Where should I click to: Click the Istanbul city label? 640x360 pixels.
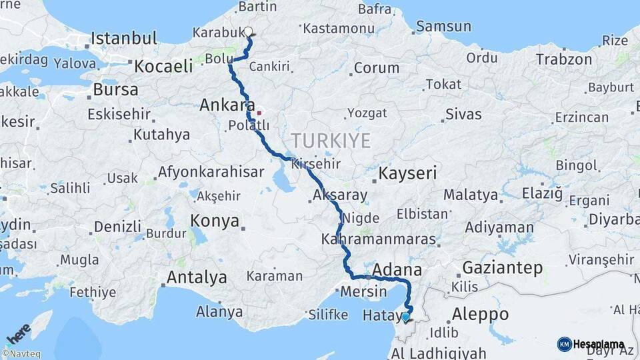pos(124,38)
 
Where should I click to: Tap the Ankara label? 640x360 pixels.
pos(227,105)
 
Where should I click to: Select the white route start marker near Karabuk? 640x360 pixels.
pos(249,31)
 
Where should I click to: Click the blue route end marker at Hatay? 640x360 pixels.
pos(405,317)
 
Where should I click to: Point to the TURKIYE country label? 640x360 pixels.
pos(330,141)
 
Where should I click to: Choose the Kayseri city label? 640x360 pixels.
pos(407,174)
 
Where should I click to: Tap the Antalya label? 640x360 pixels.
pos(197,277)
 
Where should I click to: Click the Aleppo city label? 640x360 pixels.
pos(480,314)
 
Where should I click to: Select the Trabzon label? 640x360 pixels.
pos(564,59)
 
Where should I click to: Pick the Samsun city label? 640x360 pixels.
pos(444,27)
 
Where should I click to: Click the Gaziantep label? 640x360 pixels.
pos(502,268)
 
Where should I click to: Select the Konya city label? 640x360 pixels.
pos(215,221)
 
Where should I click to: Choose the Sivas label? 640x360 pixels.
pos(463,114)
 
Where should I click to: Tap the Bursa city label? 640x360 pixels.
pos(116,89)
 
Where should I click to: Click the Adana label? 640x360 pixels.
pos(398,270)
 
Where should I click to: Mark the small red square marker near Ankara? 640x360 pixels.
pos(259,113)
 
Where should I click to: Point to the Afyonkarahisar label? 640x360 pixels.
pos(211,172)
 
